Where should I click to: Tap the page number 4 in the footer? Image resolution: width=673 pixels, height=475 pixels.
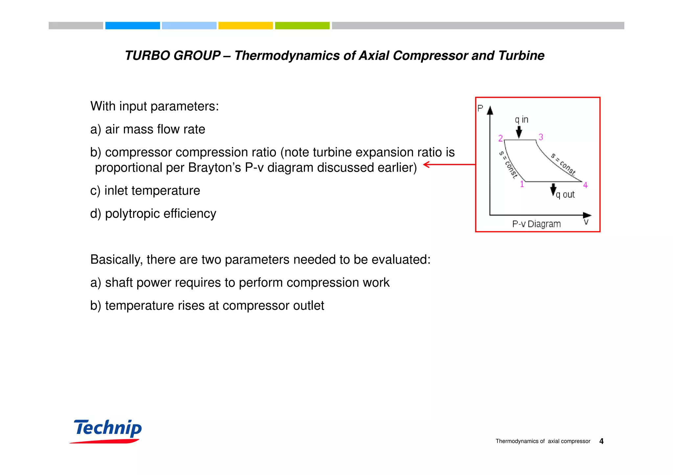pos(601,441)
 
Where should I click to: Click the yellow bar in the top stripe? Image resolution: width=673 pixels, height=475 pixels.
pos(245,26)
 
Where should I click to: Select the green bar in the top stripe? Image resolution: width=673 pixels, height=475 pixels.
pos(302,26)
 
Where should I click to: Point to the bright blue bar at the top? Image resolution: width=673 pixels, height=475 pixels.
pos(132,26)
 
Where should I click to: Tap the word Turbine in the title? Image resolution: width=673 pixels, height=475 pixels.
pos(521,55)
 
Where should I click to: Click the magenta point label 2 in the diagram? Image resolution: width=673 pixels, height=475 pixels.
pos(500,138)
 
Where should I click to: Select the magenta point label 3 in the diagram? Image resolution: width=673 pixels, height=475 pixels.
pos(541,137)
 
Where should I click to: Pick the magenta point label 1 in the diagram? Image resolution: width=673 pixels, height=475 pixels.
pos(522,184)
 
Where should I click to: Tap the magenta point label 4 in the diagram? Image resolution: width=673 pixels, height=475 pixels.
pos(585,185)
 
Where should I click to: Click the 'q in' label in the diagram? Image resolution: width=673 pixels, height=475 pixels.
pos(522,120)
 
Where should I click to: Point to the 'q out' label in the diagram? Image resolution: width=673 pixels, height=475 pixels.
pos(565,195)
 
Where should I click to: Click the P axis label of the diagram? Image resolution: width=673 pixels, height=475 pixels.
pos(480,108)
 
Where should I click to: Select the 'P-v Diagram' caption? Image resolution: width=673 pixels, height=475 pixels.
pos(536,224)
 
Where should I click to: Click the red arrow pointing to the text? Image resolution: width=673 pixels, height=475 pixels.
pos(449,164)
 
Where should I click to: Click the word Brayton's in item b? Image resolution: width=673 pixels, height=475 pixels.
pos(217,168)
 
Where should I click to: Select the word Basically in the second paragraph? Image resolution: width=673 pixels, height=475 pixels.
pos(116,260)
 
